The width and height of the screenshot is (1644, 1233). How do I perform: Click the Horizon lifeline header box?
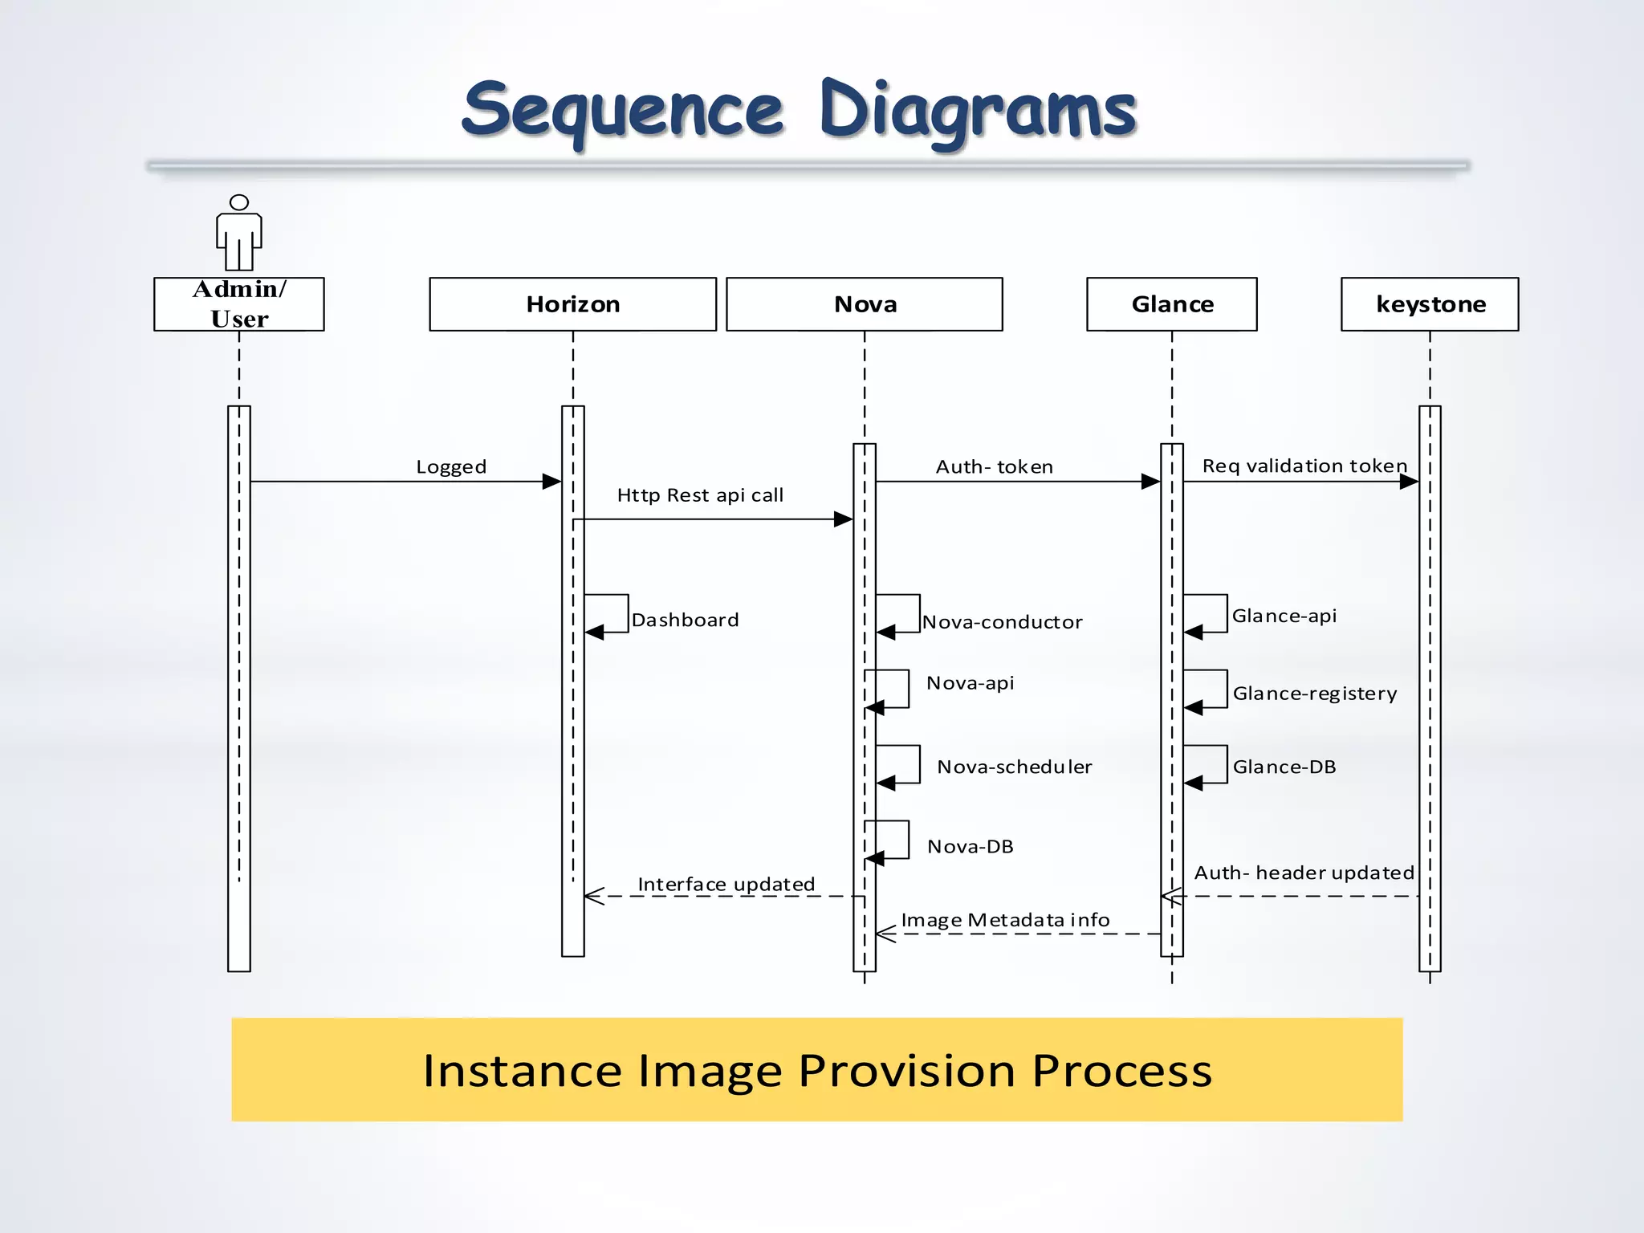pyautogui.click(x=572, y=304)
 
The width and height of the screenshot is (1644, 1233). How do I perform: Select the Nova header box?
pyautogui.click(x=865, y=304)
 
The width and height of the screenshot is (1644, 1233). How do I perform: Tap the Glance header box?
pyautogui.click(x=1172, y=304)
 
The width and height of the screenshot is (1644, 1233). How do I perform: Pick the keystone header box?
pyautogui.click(x=1430, y=304)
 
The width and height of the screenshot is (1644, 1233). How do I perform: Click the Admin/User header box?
pyautogui.click(x=239, y=304)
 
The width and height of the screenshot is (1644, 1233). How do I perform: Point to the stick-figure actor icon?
pyautogui.click(x=239, y=234)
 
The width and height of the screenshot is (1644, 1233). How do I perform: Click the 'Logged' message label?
pyautogui.click(x=451, y=467)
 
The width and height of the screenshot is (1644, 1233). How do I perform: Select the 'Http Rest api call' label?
pyautogui.click(x=700, y=495)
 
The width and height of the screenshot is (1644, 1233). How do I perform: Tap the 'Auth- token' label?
pyautogui.click(x=995, y=467)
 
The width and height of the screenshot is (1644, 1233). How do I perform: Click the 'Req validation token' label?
pyautogui.click(x=1304, y=466)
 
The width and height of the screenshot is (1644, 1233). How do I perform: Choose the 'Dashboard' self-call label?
pyautogui.click(x=685, y=620)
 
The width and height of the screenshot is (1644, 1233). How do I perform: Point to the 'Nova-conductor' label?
pyautogui.click(x=1002, y=622)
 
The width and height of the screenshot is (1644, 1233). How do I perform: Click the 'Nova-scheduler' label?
pyautogui.click(x=1015, y=767)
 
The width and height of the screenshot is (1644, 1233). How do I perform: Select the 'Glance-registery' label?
pyautogui.click(x=1315, y=694)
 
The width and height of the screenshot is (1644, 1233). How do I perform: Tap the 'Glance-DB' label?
pyautogui.click(x=1284, y=767)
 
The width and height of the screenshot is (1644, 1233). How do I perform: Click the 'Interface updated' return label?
pyautogui.click(x=726, y=884)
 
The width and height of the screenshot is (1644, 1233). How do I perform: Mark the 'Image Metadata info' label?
pyautogui.click(x=1005, y=920)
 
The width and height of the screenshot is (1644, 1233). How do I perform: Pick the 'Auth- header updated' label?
pyautogui.click(x=1304, y=873)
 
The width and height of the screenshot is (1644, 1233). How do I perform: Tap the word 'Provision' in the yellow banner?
pyautogui.click(x=907, y=1071)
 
